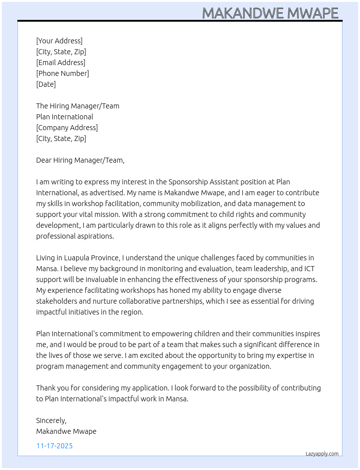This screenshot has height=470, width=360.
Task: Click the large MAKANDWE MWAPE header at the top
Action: pos(270,13)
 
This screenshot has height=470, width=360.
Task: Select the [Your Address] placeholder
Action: pos(59,41)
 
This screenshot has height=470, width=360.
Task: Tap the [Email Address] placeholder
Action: pos(61,63)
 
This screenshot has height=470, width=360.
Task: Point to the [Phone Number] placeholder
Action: pos(63,73)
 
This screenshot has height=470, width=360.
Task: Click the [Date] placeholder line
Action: pos(46,84)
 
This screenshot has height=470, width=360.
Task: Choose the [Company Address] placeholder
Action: pos(67,128)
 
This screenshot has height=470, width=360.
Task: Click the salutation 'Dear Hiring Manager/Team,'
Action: pos(80,160)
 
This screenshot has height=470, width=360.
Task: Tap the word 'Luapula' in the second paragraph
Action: pos(76,258)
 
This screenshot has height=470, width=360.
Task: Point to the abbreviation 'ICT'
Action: pos(309,269)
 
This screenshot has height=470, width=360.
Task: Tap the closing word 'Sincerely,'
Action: pos(51,420)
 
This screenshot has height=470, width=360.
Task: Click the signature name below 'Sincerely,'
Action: pos(66,431)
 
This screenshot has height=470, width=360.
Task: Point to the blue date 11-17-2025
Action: pos(55,446)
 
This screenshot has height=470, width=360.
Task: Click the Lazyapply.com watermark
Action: pos(322,454)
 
